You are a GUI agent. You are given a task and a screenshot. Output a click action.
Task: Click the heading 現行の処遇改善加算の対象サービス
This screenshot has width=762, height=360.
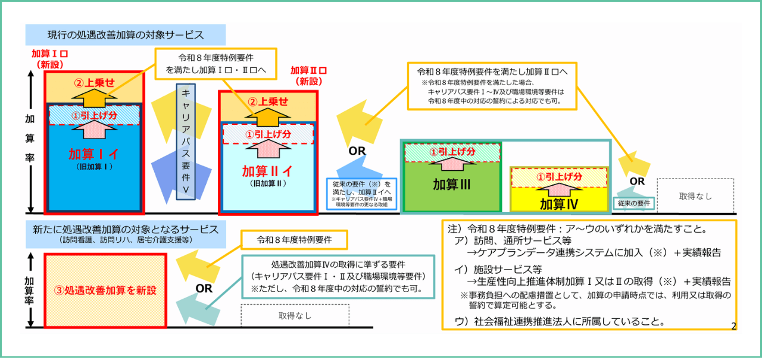126,35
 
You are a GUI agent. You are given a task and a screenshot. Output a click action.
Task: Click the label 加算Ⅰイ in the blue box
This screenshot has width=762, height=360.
93,154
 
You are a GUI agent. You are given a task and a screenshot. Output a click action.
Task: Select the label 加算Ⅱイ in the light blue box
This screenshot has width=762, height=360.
267,171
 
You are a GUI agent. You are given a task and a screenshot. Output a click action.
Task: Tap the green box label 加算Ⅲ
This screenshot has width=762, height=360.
452,184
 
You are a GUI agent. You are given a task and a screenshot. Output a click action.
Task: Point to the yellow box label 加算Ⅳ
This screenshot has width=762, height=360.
559,204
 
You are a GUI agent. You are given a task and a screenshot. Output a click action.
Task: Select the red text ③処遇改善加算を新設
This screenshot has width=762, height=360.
105,290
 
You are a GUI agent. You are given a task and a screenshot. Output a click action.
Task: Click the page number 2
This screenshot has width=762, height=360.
733,325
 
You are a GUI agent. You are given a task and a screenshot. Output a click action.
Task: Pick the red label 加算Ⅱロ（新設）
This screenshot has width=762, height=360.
309,76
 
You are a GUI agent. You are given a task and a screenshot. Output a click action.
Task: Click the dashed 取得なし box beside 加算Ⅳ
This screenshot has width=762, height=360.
695,196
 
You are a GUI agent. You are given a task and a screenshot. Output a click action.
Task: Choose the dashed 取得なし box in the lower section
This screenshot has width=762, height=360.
295,315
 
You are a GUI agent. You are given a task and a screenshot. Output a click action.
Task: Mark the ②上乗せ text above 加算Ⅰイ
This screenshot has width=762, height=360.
94,83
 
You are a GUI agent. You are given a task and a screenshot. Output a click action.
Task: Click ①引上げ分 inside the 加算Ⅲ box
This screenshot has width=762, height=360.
452,152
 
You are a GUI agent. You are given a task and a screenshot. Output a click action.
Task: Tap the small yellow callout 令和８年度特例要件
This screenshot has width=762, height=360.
293,240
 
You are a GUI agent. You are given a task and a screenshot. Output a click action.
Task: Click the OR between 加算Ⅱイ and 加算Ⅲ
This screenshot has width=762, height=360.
357,151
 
